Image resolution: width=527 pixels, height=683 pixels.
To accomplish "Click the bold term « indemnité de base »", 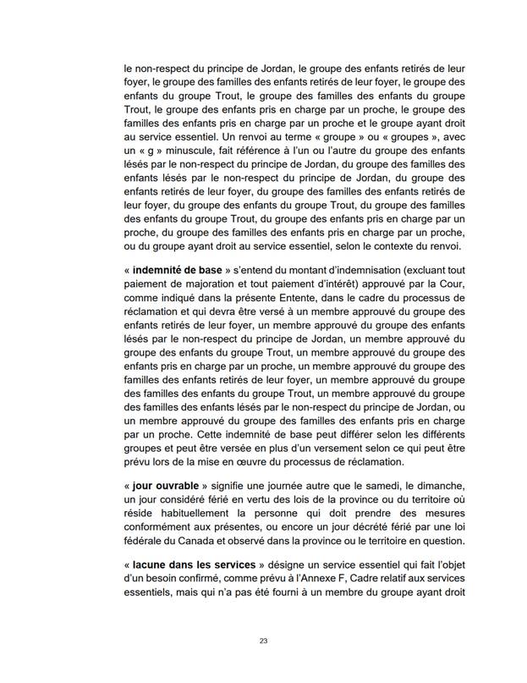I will click(x=177, y=269).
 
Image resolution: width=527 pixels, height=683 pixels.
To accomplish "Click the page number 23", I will click(x=263, y=641).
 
